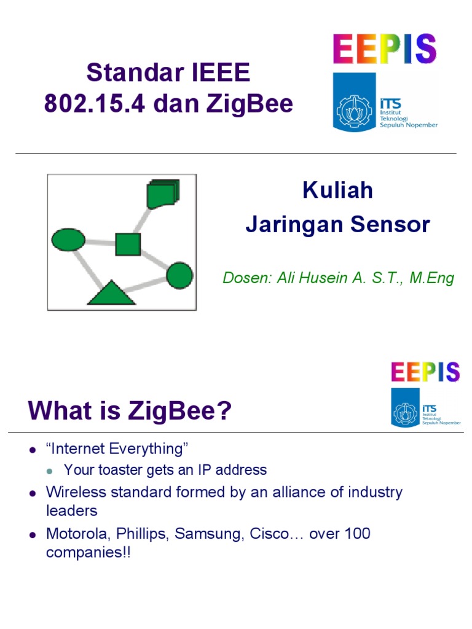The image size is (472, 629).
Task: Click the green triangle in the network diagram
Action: pos(111,294)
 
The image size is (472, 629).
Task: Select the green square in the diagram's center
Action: pos(128,244)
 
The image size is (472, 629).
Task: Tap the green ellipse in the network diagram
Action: pos(68,240)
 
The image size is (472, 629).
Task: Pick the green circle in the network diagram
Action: pos(179,275)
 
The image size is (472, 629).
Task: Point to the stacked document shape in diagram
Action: pos(162,194)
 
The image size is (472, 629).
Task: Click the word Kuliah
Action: pos(337,190)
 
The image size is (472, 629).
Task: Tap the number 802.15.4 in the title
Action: pos(95,104)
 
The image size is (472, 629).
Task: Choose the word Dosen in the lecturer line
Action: pos(242,278)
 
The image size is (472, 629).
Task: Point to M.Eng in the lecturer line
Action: pos(431,278)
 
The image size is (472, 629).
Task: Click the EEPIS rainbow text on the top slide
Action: pos(385,49)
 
